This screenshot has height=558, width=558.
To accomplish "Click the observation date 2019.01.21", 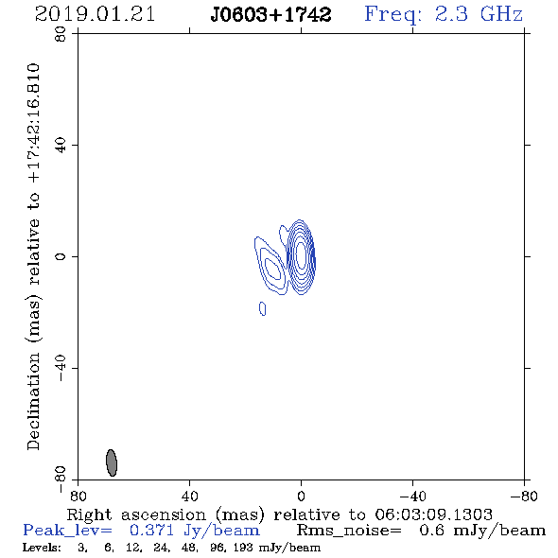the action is (x=95, y=14).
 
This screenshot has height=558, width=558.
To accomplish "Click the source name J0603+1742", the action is (x=270, y=14).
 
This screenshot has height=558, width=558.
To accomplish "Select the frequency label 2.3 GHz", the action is (x=479, y=14).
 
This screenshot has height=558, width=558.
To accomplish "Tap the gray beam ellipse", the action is (x=112, y=462).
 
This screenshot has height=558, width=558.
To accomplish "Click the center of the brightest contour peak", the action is (x=301, y=255).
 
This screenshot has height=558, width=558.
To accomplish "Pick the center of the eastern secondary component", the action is (x=273, y=269).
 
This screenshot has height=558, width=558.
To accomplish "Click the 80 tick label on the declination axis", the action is (x=61, y=34).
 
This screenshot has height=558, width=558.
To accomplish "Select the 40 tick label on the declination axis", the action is (x=61, y=146).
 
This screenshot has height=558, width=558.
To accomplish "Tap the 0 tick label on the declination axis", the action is (x=61, y=256).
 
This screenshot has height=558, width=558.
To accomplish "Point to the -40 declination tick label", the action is (x=61, y=368).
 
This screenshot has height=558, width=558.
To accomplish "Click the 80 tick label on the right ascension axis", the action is (x=78, y=496).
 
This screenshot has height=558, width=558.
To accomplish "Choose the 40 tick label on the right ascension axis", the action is (x=189, y=496).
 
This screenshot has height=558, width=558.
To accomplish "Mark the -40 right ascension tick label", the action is (x=412, y=496).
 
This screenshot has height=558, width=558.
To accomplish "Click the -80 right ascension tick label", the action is (x=524, y=496).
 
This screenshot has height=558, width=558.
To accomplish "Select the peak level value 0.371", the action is (x=152, y=531).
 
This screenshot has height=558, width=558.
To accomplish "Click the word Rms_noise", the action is (x=349, y=531).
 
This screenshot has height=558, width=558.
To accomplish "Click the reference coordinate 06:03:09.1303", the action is (x=433, y=514).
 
